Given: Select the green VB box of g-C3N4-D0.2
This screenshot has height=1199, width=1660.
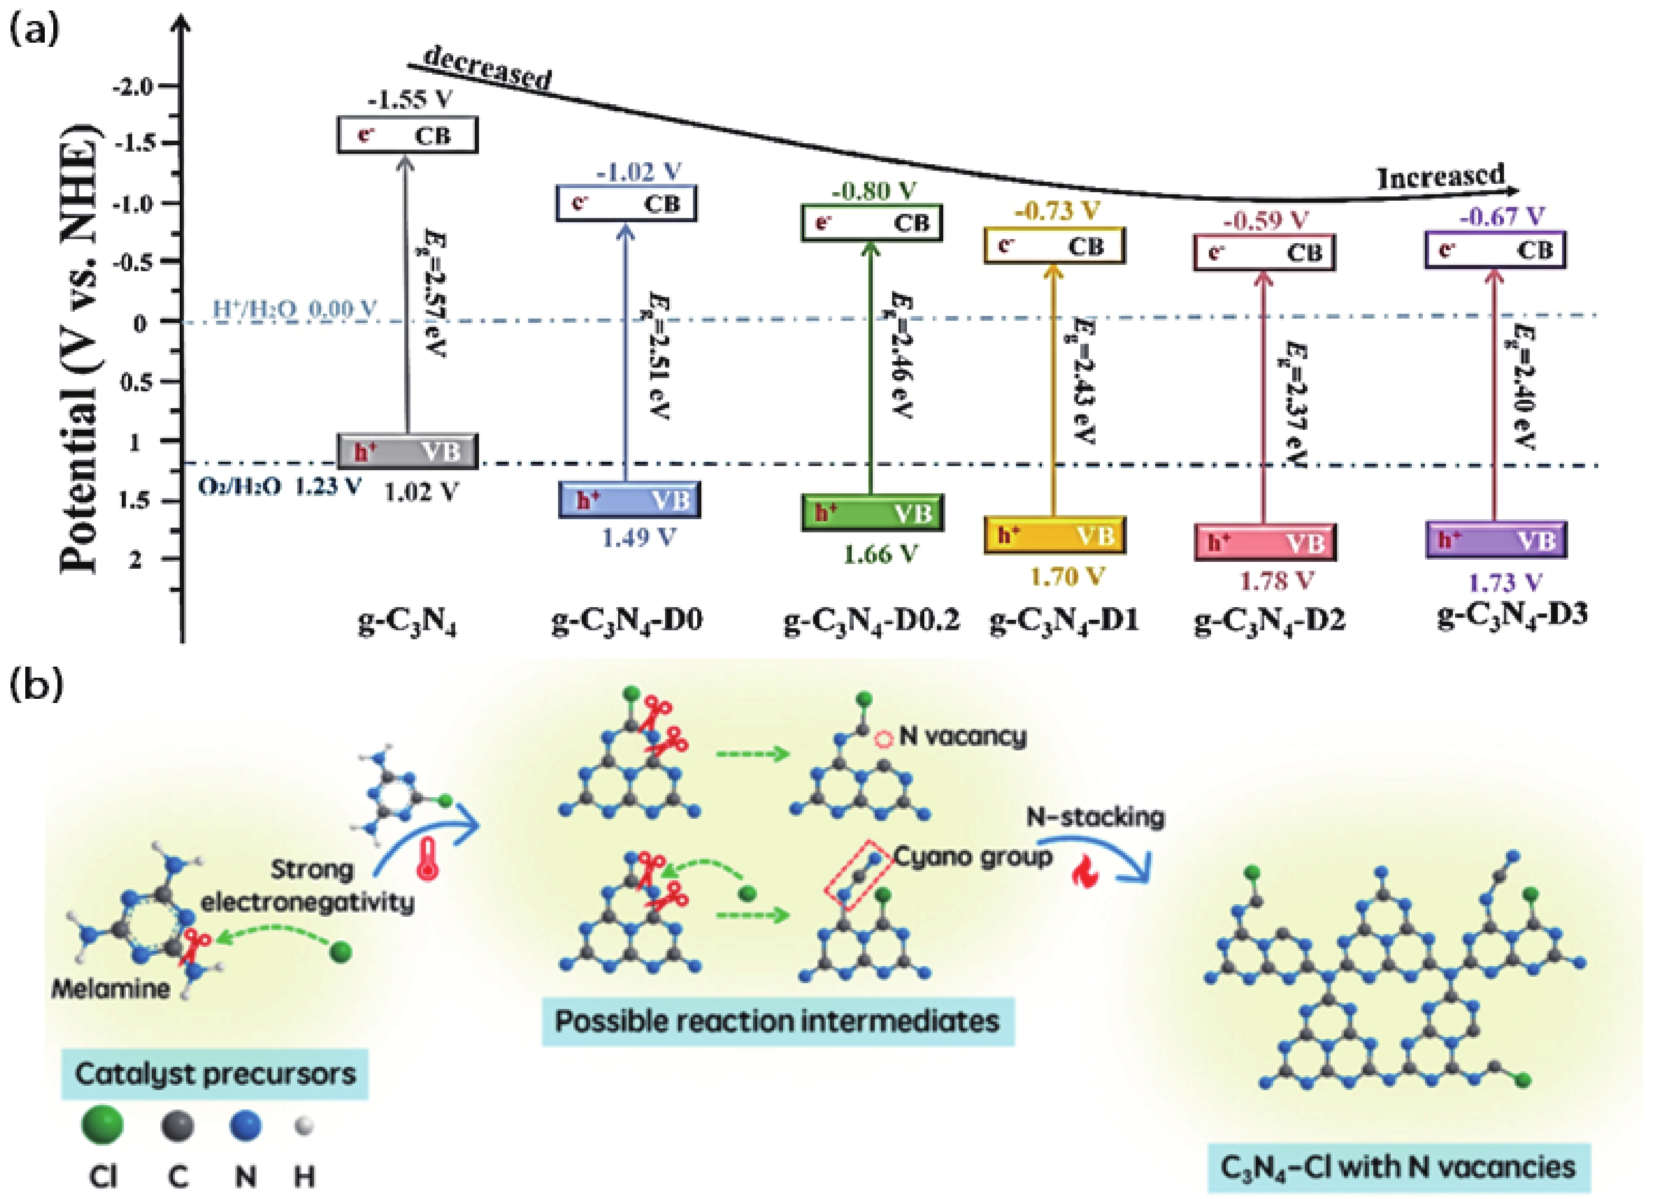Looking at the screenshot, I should click(872, 513).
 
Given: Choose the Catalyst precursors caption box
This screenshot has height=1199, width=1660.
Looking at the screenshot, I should click(214, 1074).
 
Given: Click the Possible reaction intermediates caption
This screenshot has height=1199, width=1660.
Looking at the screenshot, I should click(777, 1020).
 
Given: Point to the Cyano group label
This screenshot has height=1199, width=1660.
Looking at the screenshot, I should click(973, 857).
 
